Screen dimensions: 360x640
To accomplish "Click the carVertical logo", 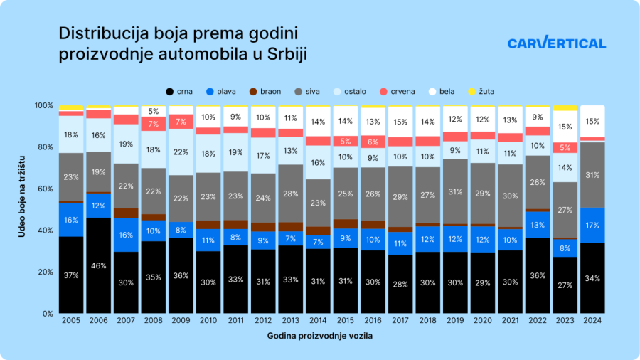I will (556, 43).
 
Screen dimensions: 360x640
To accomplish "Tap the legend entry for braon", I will (264, 92).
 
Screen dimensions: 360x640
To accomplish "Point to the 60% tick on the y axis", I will (44, 189).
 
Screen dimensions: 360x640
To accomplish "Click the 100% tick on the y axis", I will (43, 105).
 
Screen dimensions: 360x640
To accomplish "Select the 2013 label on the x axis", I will (291, 322).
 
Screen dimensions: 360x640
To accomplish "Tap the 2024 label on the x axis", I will (593, 322).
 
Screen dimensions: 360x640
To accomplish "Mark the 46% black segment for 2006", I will (98, 265).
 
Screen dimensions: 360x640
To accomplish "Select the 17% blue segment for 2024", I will (593, 226).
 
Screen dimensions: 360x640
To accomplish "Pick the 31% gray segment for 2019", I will (456, 192).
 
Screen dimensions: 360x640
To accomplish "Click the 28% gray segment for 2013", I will (291, 194).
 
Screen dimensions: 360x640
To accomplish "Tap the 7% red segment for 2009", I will (181, 121).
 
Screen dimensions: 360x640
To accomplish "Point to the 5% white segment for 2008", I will (153, 111).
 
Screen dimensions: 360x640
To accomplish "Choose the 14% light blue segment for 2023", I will (565, 168).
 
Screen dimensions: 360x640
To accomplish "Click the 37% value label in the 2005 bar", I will (70, 275).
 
